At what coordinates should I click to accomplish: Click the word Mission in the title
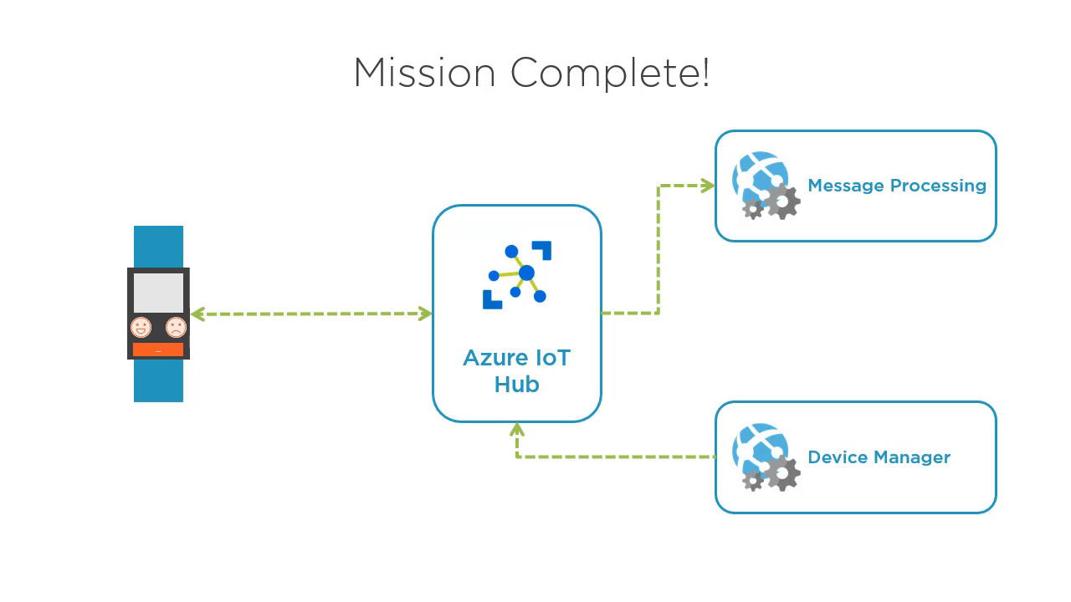click(424, 73)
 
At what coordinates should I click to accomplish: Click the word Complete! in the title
click(610, 73)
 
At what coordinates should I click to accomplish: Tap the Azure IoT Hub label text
click(516, 371)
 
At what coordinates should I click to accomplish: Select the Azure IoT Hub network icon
click(517, 275)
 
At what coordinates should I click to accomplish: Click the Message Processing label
click(896, 186)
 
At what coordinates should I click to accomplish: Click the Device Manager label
click(879, 457)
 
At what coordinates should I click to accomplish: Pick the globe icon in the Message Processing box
click(757, 176)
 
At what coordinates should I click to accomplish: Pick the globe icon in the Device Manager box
click(757, 447)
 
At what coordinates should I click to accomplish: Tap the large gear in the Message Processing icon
click(783, 202)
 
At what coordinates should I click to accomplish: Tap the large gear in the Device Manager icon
click(783, 474)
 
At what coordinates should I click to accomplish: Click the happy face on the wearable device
click(141, 327)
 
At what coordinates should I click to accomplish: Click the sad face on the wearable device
click(176, 327)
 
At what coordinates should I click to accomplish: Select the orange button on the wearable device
click(158, 350)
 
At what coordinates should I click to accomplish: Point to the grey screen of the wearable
click(158, 292)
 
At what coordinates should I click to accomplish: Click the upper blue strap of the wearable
click(158, 247)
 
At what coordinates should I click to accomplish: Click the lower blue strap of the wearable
click(158, 380)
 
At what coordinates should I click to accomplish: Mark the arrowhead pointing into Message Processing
click(707, 186)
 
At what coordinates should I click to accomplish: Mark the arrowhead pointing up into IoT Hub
click(517, 430)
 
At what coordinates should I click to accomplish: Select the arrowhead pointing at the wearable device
click(198, 314)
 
